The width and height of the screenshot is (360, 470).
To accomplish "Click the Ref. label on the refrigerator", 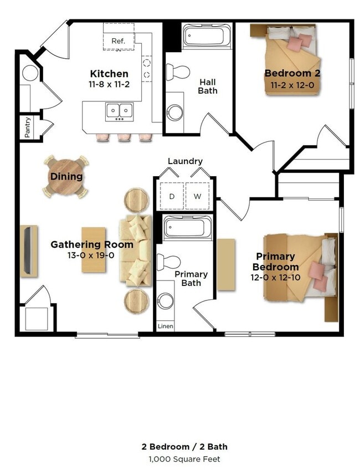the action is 118,41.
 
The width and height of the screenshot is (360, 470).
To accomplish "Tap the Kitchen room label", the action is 109,74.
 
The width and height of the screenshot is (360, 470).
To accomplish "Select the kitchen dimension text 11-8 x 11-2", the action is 109,85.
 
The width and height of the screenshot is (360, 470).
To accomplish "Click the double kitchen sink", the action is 120,112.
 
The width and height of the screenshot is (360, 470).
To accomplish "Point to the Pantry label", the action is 28,127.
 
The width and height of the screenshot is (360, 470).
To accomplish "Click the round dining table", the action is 66,177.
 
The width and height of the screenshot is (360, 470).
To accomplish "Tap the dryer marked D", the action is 172,196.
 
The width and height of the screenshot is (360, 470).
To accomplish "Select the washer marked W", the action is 197,196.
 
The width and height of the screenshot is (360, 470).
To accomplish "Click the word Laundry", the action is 185,161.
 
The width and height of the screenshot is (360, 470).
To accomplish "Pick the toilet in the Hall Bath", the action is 178,71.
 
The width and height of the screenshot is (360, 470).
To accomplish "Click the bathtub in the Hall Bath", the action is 207,36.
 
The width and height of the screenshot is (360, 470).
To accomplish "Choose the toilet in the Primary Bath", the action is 168,262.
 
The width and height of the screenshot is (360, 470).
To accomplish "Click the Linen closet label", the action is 166,326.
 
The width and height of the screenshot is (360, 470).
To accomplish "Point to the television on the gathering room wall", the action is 28,251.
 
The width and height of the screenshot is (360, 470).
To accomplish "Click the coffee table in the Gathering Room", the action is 94,249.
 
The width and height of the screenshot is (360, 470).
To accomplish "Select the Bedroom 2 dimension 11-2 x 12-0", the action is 292,85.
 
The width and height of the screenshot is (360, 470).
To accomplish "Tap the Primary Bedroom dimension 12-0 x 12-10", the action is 275,278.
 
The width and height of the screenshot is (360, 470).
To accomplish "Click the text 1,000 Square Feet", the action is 184,459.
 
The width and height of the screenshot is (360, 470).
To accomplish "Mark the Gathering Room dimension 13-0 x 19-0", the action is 91,256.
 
